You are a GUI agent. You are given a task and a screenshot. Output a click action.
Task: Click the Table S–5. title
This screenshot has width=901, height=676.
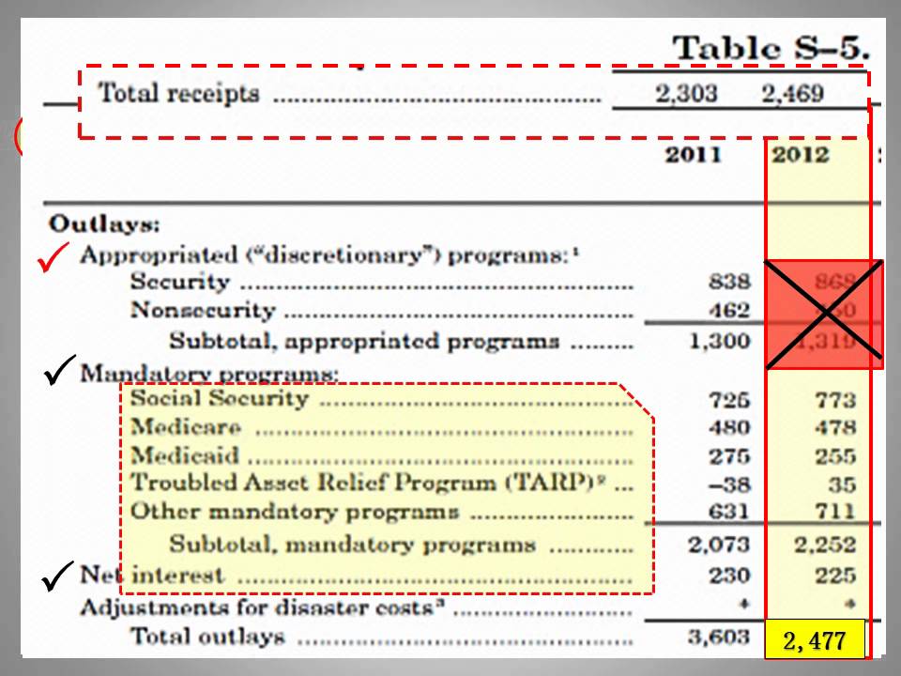click(771, 48)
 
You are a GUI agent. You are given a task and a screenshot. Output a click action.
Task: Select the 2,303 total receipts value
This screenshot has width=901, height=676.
click(686, 93)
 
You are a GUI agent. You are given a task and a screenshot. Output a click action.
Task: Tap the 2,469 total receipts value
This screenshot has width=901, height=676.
click(792, 93)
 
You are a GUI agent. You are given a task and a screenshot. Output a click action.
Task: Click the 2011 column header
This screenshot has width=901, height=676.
click(694, 155)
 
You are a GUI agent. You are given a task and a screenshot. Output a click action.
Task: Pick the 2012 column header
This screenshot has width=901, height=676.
click(800, 155)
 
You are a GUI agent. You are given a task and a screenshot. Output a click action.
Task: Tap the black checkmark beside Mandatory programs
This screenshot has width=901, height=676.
click(59, 372)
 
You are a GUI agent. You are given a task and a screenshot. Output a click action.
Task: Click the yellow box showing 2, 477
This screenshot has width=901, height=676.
click(814, 641)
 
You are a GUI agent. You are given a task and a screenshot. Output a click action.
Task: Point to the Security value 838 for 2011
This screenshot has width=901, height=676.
click(730, 282)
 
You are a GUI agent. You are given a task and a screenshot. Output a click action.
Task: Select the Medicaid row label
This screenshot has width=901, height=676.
click(185, 456)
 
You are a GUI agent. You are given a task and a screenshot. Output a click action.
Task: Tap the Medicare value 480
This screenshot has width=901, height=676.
click(730, 428)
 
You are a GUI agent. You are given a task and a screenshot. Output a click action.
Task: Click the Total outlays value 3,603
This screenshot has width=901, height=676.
click(718, 638)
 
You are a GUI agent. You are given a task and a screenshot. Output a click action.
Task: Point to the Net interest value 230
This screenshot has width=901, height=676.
click(730, 575)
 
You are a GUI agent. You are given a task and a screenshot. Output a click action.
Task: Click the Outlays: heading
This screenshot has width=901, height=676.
click(104, 224)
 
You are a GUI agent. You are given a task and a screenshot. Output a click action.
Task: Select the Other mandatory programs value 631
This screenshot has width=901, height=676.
click(730, 512)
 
